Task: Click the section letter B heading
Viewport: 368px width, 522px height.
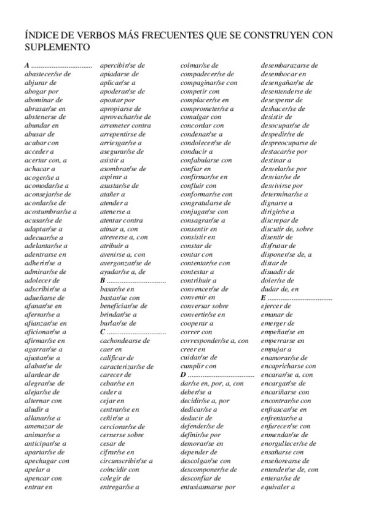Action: (103, 280)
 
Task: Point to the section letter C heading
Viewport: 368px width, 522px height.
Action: (103, 332)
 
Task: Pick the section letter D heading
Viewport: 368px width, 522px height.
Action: (182, 375)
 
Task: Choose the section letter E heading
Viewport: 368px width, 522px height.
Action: (263, 298)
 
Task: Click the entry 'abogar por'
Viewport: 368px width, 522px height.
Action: (42, 90)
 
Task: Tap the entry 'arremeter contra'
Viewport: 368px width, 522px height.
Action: (125, 126)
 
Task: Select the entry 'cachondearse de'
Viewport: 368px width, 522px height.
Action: (125, 340)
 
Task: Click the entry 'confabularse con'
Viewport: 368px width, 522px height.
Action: (206, 160)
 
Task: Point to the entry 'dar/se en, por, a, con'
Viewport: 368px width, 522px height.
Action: (212, 383)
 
